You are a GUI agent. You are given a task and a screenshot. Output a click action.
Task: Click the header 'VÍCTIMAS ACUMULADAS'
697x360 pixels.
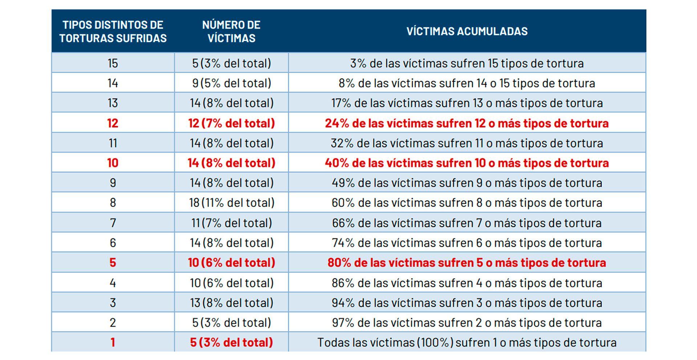467,31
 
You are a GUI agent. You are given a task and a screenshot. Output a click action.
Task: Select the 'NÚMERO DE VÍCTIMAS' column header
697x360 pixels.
231,31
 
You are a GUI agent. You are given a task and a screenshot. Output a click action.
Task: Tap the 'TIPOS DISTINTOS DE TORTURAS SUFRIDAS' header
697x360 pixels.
113,31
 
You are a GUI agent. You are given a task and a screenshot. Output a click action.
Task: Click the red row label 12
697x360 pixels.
113,123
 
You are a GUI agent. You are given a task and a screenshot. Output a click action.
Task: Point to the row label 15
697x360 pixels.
113,63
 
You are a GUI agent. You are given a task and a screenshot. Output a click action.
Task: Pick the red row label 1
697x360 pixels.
113,342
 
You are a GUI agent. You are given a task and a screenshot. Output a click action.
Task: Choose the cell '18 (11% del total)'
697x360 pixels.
231,203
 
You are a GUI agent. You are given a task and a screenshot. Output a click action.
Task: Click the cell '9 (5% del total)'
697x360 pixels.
231,83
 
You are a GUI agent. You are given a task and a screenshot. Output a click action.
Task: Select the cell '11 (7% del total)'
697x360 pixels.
231,223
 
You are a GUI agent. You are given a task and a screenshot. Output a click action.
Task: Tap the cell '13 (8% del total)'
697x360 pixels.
231,303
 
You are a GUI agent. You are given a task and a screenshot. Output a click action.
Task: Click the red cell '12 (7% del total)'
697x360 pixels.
231,123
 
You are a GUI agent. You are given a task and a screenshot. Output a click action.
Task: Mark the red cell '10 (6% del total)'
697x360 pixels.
231,262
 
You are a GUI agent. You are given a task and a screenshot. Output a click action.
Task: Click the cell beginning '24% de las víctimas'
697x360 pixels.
467,123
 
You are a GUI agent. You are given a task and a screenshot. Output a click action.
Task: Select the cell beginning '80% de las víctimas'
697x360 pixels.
467,262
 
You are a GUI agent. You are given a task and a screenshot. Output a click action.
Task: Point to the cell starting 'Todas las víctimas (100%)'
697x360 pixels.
467,342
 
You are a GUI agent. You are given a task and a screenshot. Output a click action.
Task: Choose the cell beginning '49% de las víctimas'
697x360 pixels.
467,183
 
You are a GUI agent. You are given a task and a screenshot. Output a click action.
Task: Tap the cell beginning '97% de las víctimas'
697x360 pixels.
467,323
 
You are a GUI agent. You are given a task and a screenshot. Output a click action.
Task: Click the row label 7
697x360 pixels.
113,223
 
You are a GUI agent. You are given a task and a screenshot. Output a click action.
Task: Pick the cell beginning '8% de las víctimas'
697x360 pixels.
467,83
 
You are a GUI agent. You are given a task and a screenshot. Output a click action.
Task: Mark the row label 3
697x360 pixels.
113,303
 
